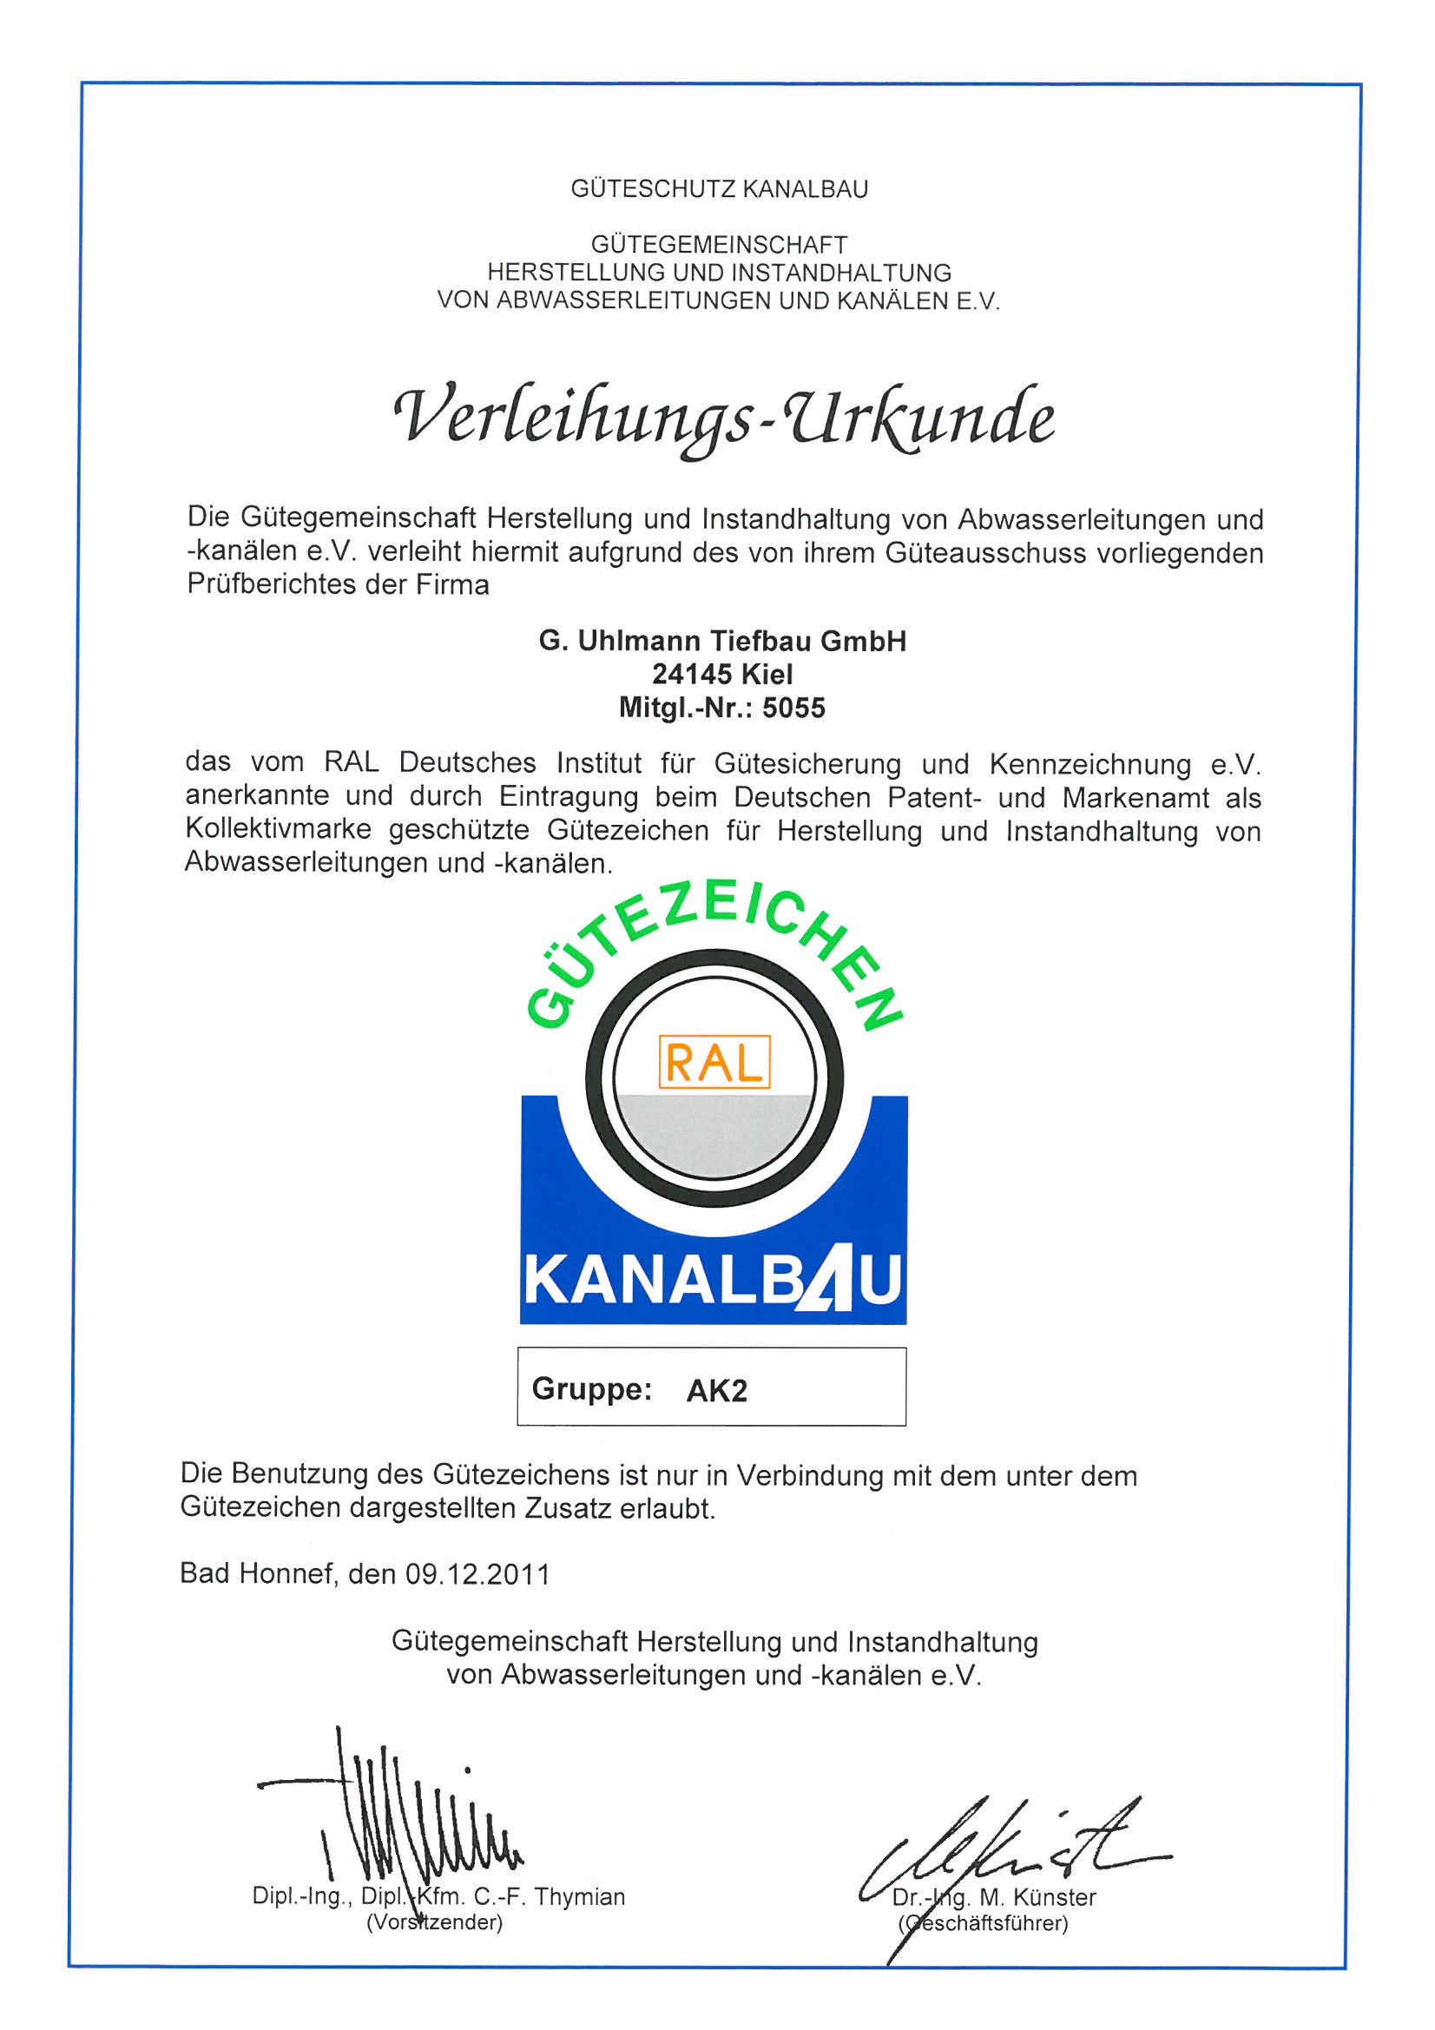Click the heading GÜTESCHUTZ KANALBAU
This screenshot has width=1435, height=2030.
(x=719, y=189)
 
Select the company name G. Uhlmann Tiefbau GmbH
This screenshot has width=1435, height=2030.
(x=722, y=641)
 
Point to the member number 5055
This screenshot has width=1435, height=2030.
(x=793, y=709)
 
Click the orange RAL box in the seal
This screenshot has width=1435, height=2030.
(x=714, y=1062)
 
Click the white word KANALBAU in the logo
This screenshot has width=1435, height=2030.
(x=713, y=1280)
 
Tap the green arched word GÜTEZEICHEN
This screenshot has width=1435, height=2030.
(x=713, y=937)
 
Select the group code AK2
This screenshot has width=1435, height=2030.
(x=716, y=1391)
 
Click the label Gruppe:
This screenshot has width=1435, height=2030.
(x=591, y=1389)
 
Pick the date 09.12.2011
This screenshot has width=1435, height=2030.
(x=477, y=1574)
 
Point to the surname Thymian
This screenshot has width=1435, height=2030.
(x=579, y=1897)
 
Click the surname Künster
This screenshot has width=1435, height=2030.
(x=1054, y=1897)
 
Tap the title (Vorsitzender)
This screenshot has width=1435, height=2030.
(x=434, y=1923)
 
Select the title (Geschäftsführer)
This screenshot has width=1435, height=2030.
(x=984, y=1924)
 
